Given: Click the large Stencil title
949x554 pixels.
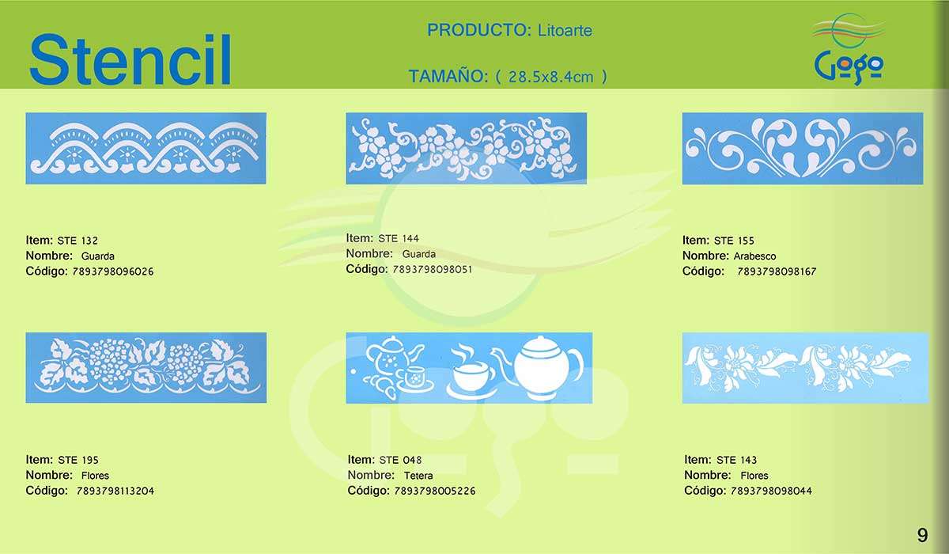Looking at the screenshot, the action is [x=130, y=59].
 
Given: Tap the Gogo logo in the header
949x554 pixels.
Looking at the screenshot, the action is [x=849, y=49].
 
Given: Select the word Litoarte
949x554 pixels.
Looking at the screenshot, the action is [x=565, y=31].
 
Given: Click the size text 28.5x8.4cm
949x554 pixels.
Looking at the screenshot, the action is [x=550, y=77].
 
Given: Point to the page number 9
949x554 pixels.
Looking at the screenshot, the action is [x=922, y=535].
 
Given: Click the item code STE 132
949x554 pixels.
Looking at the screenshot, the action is [x=78, y=241].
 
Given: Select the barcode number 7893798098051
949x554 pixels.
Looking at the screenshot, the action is [x=432, y=270].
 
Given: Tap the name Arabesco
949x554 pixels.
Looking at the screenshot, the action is [x=754, y=256].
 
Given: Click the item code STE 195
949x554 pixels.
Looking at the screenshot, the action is [x=78, y=460].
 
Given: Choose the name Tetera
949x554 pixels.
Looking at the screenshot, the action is [x=418, y=476].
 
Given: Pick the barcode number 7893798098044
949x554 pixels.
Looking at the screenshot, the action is [x=771, y=491].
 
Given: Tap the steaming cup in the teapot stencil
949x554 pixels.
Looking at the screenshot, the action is [x=471, y=372].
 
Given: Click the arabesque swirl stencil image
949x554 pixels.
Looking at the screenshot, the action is [x=803, y=148].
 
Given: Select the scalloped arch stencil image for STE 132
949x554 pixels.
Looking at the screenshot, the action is [x=146, y=148].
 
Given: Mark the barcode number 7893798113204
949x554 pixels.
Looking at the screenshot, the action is [x=115, y=491].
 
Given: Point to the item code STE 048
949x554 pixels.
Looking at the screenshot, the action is [x=400, y=460].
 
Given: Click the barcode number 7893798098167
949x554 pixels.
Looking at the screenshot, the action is [x=777, y=271].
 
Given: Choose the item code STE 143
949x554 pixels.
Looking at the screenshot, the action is [x=736, y=460].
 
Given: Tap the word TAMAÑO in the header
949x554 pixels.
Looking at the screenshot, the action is [x=448, y=77].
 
